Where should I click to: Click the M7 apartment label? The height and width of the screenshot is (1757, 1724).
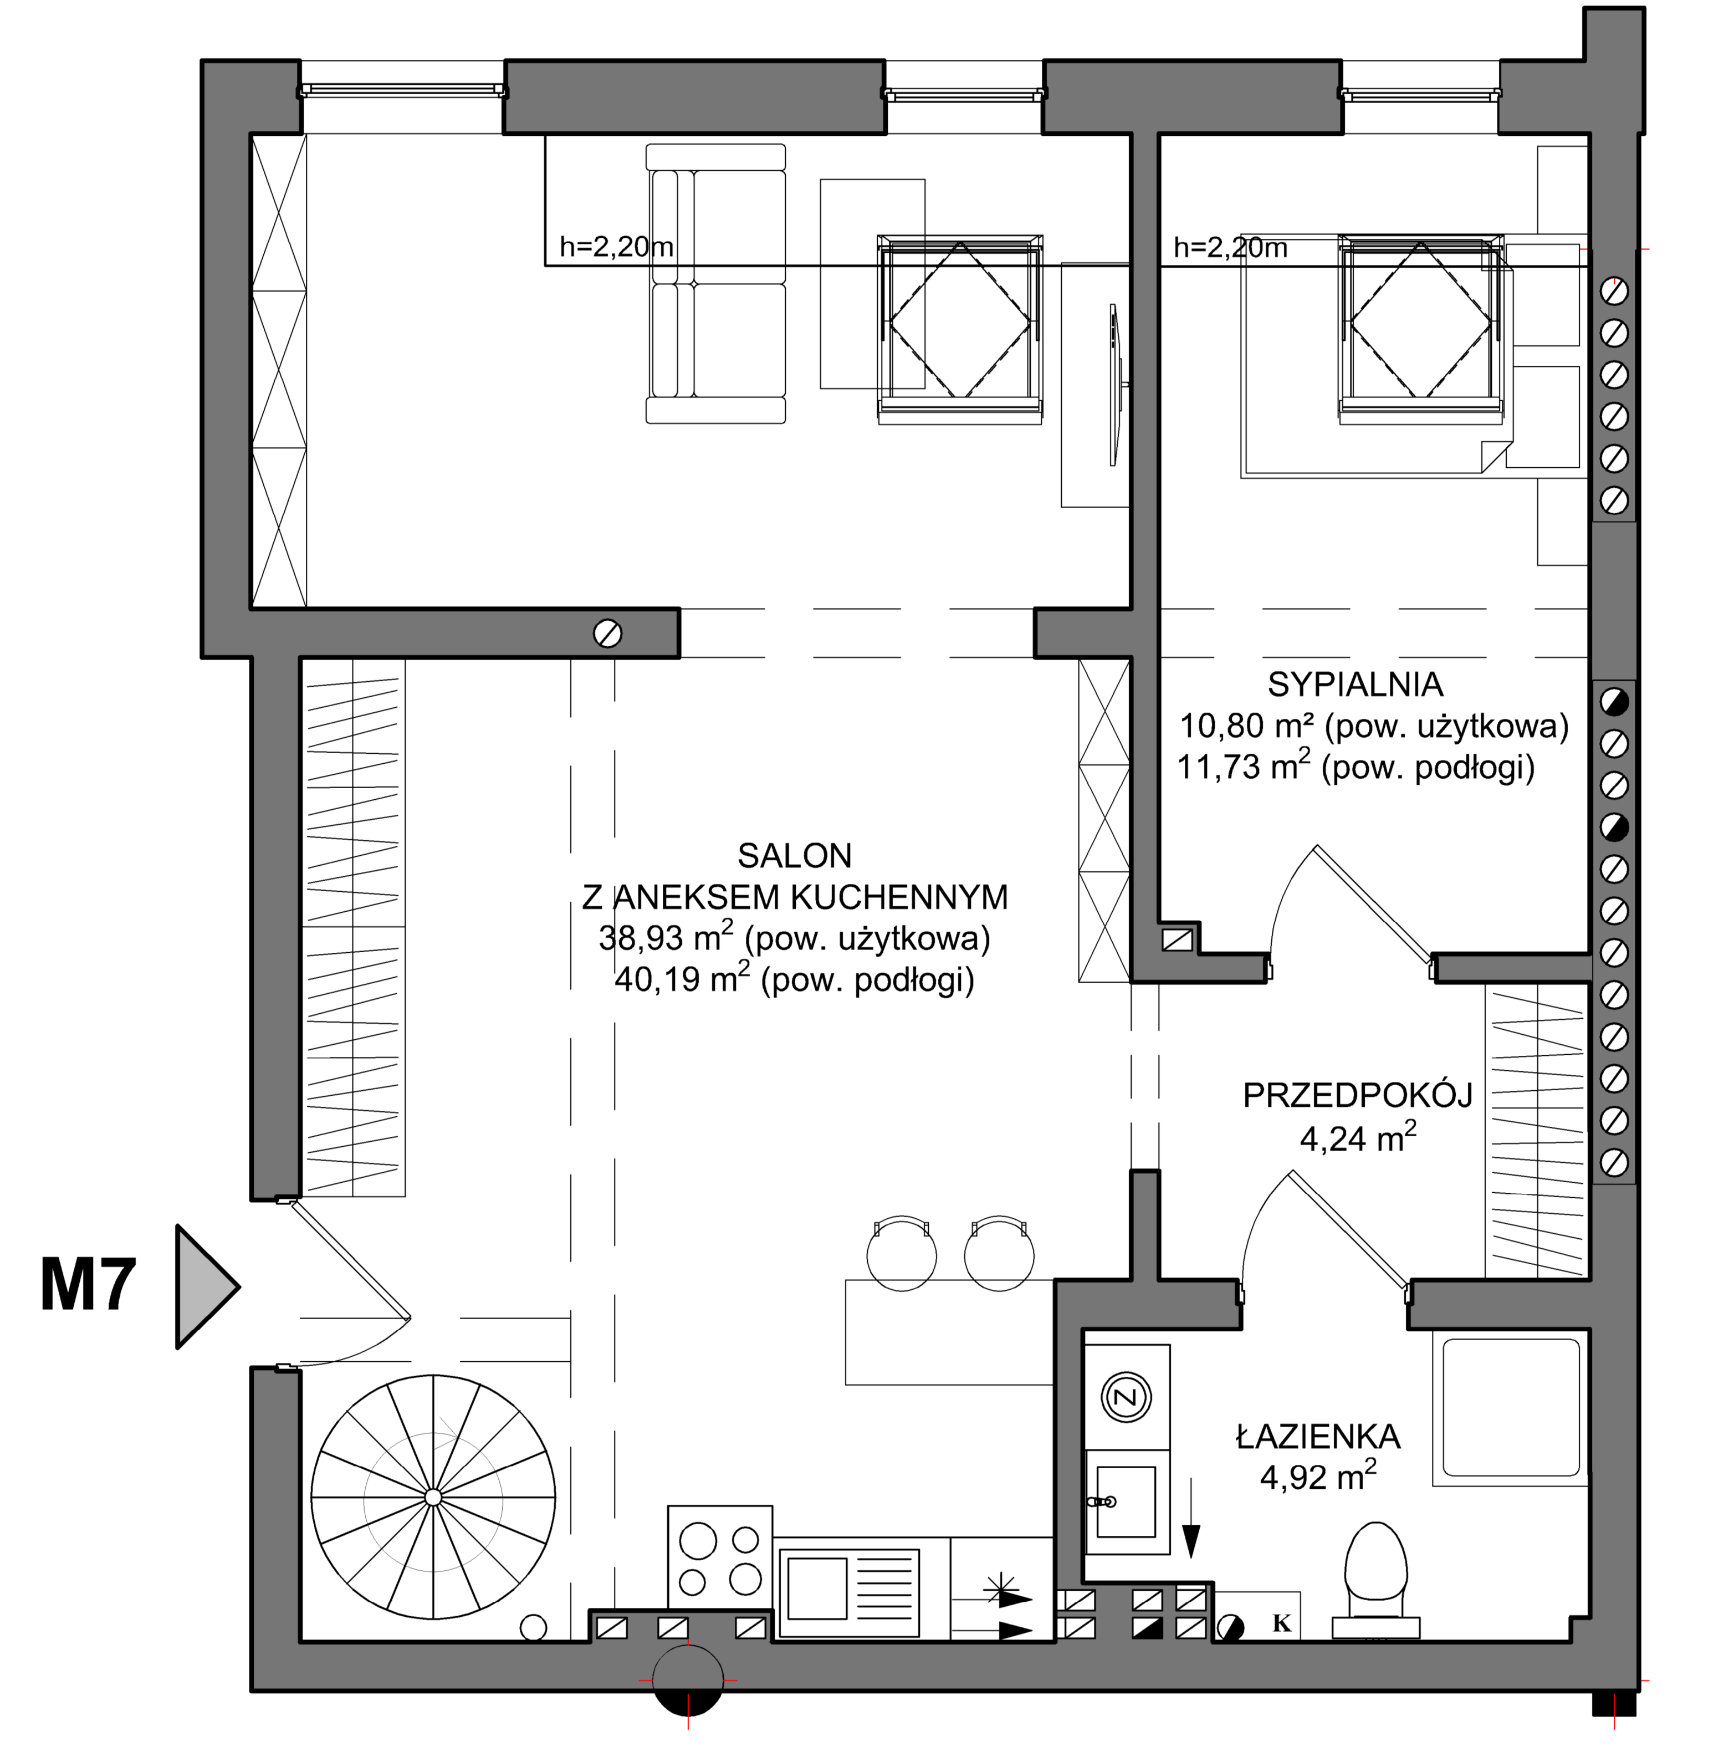click(x=88, y=1285)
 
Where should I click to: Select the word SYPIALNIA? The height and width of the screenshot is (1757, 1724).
click(x=1354, y=685)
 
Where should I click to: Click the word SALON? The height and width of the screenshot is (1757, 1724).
click(x=794, y=856)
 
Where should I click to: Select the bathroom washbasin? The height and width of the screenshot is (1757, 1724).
click(x=1126, y=1503)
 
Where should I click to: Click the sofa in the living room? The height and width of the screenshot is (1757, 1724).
click(x=715, y=283)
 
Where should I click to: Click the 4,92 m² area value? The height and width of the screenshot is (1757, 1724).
click(x=1318, y=1478)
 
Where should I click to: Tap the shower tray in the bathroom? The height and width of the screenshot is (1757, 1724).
click(x=1510, y=1407)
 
